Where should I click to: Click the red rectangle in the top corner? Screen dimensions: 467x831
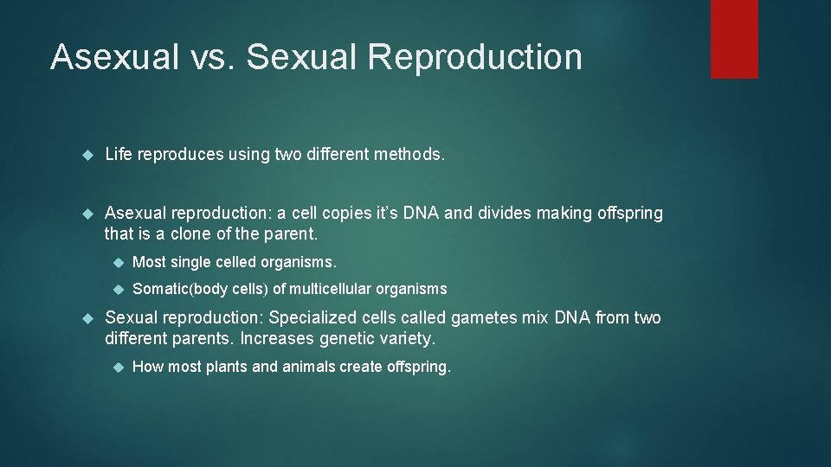(x=734, y=39)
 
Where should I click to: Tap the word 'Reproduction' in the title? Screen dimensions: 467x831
(x=474, y=57)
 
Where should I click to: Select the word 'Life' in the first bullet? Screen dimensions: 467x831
(x=118, y=155)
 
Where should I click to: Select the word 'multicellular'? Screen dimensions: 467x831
(x=332, y=289)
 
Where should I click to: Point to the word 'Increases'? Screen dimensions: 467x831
(x=276, y=338)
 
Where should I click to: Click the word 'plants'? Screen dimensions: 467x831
(x=226, y=367)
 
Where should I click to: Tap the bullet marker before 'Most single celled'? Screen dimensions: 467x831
(x=119, y=262)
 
